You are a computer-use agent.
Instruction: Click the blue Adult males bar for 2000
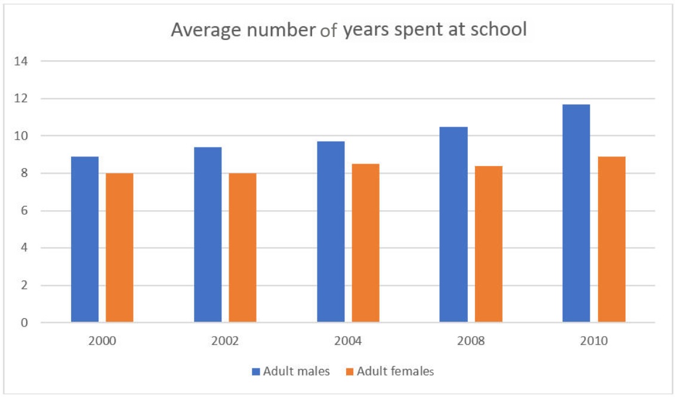(x=85, y=239)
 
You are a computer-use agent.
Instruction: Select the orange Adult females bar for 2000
(x=119, y=248)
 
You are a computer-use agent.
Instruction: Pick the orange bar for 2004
(x=365, y=243)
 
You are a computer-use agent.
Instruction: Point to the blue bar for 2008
(x=454, y=224)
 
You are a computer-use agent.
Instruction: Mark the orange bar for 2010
(x=612, y=239)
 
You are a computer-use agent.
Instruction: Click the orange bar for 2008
(x=489, y=244)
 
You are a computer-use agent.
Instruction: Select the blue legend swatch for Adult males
(x=256, y=371)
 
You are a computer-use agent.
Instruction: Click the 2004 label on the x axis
(x=348, y=341)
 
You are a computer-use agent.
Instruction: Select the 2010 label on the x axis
(x=594, y=341)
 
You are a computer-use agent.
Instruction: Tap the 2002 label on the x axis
(x=225, y=341)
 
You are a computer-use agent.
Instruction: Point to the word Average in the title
(x=201, y=30)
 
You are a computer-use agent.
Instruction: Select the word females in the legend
(x=412, y=371)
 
